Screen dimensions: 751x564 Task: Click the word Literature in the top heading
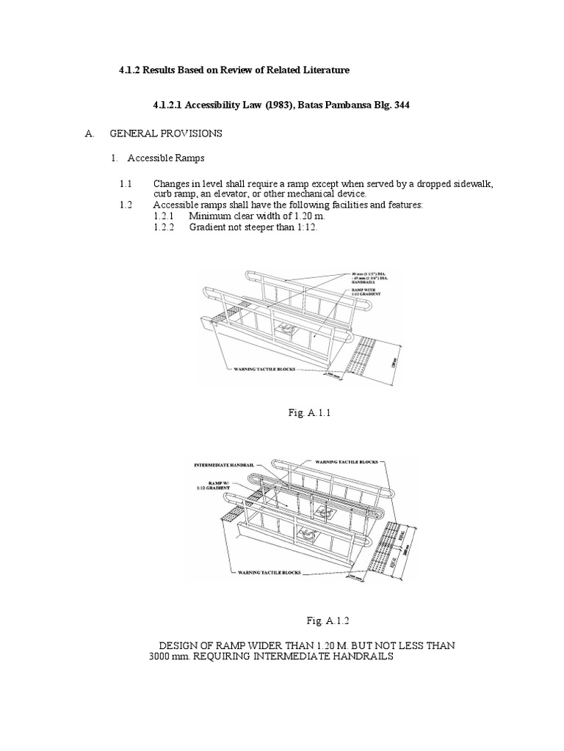tap(322, 70)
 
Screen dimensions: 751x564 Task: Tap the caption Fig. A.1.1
tap(309, 413)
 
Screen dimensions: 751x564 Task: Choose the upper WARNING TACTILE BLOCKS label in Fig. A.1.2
tap(346, 463)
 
